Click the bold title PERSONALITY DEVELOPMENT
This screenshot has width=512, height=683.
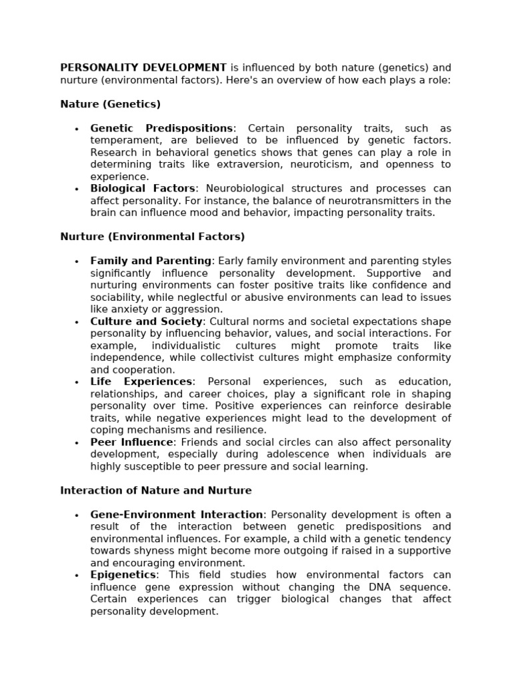(143, 67)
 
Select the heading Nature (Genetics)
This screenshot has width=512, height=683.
(110, 104)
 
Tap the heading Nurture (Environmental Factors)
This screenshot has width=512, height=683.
(153, 236)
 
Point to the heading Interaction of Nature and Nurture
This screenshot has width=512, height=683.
(156, 490)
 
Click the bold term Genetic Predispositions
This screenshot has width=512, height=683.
(162, 128)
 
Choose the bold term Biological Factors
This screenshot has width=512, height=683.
(143, 189)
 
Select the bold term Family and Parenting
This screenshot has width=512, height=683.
(151, 261)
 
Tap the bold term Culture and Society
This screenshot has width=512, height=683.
(146, 321)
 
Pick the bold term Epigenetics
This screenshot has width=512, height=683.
(123, 575)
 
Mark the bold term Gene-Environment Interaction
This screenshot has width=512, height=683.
(177, 514)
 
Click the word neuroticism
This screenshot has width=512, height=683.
(350, 164)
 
